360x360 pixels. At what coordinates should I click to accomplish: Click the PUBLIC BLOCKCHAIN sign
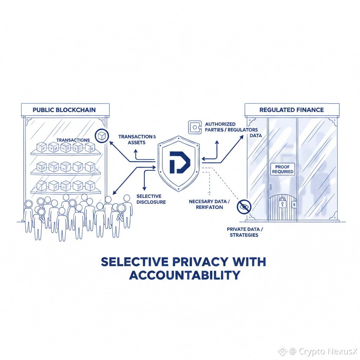[x=64, y=110]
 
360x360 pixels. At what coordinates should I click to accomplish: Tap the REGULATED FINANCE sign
[x=291, y=110]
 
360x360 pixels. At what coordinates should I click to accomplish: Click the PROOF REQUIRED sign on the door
[x=282, y=169]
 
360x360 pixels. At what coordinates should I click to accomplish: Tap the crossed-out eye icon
[x=243, y=206]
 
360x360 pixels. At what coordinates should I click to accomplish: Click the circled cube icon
[x=102, y=135]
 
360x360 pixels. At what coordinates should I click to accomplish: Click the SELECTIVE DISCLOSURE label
[x=149, y=199]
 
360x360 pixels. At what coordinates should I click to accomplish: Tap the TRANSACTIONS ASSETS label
[x=137, y=139]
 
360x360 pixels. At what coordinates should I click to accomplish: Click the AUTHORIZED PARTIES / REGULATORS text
[x=231, y=127]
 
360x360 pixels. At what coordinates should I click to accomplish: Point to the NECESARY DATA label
[x=209, y=205]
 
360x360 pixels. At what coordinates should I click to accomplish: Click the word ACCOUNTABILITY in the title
[x=185, y=275]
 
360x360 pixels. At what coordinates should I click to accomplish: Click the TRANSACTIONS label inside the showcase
[x=73, y=140]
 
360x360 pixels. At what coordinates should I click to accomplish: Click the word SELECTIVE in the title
[x=130, y=262]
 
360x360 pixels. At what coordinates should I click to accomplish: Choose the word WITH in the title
[x=247, y=262]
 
